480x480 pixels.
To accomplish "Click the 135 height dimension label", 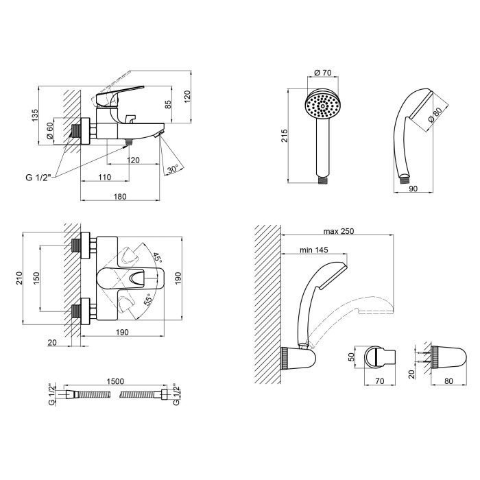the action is coord(35,115).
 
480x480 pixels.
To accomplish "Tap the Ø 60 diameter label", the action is coord(50,131).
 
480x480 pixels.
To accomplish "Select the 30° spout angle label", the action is coord(173,169).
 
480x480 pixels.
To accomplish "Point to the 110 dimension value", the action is coord(105,177).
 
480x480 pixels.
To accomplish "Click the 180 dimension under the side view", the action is coord(120,196).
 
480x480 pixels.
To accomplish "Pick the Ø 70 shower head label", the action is coord(323,73).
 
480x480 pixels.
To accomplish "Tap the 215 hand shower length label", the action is coord(285,136).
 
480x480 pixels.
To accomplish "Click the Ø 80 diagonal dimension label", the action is coord(435,115).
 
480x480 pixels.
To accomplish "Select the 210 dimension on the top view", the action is coord(19,278).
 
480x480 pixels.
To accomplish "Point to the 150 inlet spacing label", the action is coord(36,278).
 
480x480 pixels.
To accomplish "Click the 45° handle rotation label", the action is coord(157,257).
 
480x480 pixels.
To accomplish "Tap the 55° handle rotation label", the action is coord(148,300).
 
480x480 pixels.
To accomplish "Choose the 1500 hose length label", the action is coord(115,381).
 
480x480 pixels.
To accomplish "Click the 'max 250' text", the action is coord(339,231).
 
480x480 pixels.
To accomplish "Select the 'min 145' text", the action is coord(314,250).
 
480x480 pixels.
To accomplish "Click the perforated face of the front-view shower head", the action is coord(322,106).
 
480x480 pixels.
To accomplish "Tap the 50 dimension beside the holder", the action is coord(351,357).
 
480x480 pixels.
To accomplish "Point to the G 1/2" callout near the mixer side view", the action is coord(38,177).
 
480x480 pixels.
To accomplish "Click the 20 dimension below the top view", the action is coord(52,342).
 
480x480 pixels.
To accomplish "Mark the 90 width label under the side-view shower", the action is coord(413,189).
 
